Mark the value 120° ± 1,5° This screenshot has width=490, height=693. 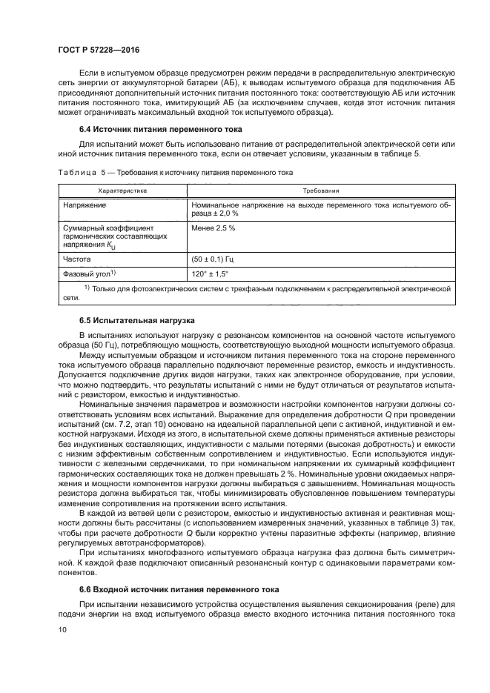[213, 273]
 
